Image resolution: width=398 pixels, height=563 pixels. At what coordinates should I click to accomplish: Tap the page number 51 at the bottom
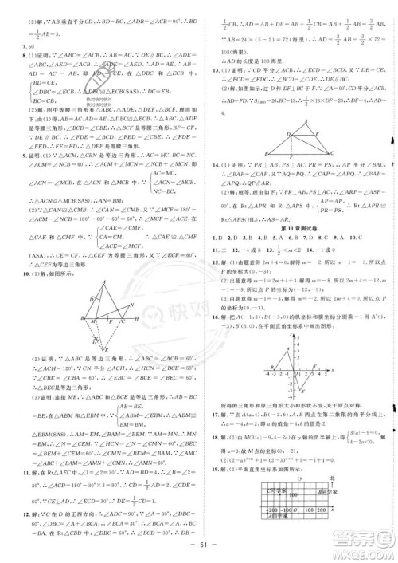199,554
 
